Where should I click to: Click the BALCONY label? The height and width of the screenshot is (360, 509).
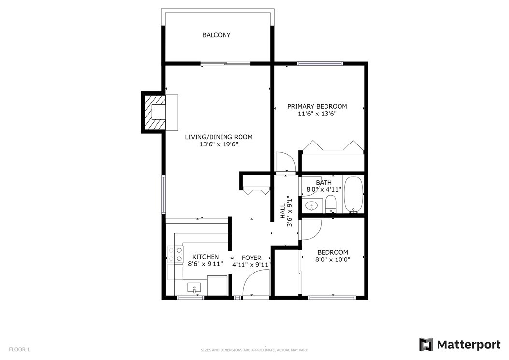tap(216, 35)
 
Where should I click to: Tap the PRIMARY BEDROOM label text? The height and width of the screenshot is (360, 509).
tap(317, 106)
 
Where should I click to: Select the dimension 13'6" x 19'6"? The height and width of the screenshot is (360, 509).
tap(219, 144)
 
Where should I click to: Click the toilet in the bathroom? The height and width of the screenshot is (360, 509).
tap(331, 204)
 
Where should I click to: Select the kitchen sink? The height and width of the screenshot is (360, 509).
tap(194, 288)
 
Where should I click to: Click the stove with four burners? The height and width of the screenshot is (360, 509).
tap(175, 254)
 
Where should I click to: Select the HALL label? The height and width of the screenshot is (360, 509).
tap(283, 211)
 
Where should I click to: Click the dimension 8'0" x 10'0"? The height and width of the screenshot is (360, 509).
tap(332, 259)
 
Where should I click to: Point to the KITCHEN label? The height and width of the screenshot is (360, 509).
tap(205, 257)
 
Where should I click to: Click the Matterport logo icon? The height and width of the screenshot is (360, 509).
tap(426, 345)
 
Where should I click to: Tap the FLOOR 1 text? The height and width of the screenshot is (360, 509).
tap(19, 349)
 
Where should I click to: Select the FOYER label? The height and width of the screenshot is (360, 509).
tap(251, 258)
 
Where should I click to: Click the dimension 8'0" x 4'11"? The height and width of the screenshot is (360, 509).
tap(324, 190)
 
